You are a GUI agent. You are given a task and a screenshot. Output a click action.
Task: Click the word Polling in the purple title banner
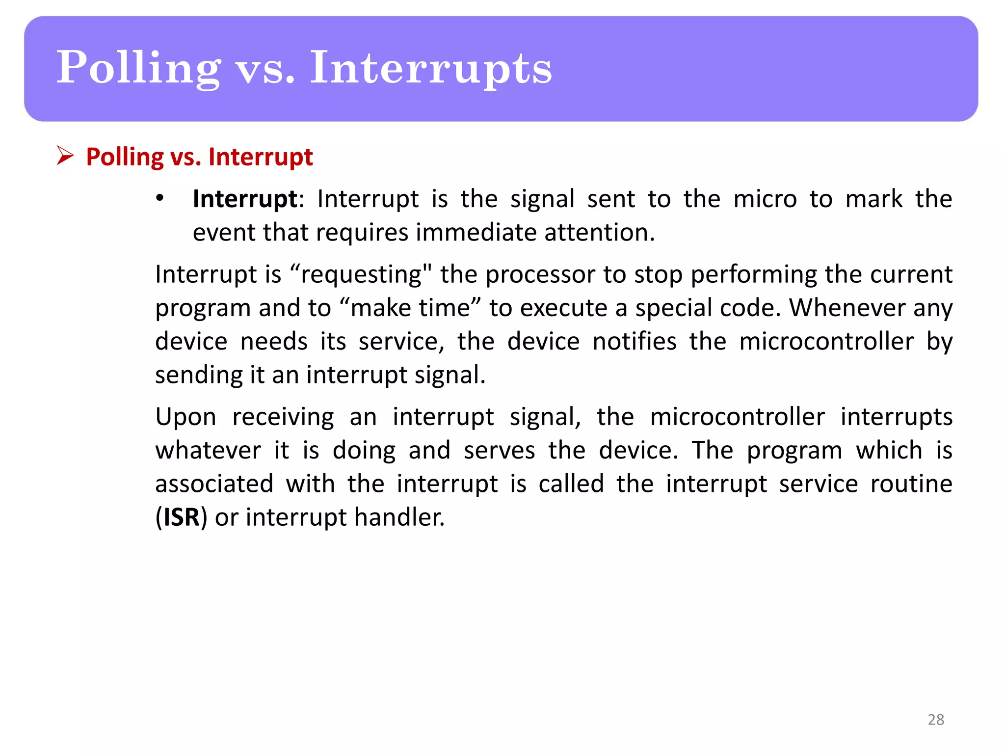tap(139, 68)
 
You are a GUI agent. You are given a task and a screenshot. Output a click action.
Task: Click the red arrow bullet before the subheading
tap(65, 156)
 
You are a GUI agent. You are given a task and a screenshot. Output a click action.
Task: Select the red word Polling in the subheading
tap(125, 157)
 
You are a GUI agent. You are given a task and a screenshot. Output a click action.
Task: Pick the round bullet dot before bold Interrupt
tap(159, 198)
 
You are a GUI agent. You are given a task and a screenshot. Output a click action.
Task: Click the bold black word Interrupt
tap(245, 199)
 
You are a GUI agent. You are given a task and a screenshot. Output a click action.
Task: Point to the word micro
tap(765, 199)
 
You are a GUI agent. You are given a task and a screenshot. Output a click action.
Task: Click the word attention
tap(599, 232)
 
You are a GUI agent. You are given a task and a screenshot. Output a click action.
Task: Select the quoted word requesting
tap(361, 274)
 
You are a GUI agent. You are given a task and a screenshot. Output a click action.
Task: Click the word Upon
tap(185, 417)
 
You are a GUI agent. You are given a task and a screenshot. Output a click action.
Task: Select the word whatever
tap(208, 450)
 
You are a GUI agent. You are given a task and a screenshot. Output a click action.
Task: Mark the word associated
tap(214, 484)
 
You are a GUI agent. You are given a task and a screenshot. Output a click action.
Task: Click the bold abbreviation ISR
tap(181, 517)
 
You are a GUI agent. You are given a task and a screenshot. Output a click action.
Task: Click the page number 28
tap(936, 719)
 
